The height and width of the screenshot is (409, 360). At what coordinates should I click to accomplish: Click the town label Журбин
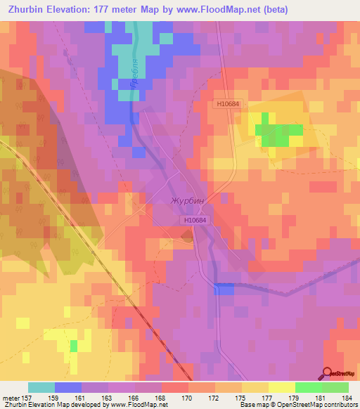[187, 200]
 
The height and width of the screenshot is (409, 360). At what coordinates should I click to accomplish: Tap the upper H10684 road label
[229, 103]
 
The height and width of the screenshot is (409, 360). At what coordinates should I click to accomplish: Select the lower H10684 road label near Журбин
[195, 220]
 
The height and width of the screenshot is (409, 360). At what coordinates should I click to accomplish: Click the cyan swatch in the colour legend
[41, 387]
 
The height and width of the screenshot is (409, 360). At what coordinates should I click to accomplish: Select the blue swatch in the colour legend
[68, 387]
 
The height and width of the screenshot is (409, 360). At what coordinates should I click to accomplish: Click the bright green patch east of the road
[278, 131]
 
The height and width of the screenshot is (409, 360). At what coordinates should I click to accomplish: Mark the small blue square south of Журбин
[224, 289]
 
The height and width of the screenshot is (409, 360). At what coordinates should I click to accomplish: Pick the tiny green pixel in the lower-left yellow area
[74, 346]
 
